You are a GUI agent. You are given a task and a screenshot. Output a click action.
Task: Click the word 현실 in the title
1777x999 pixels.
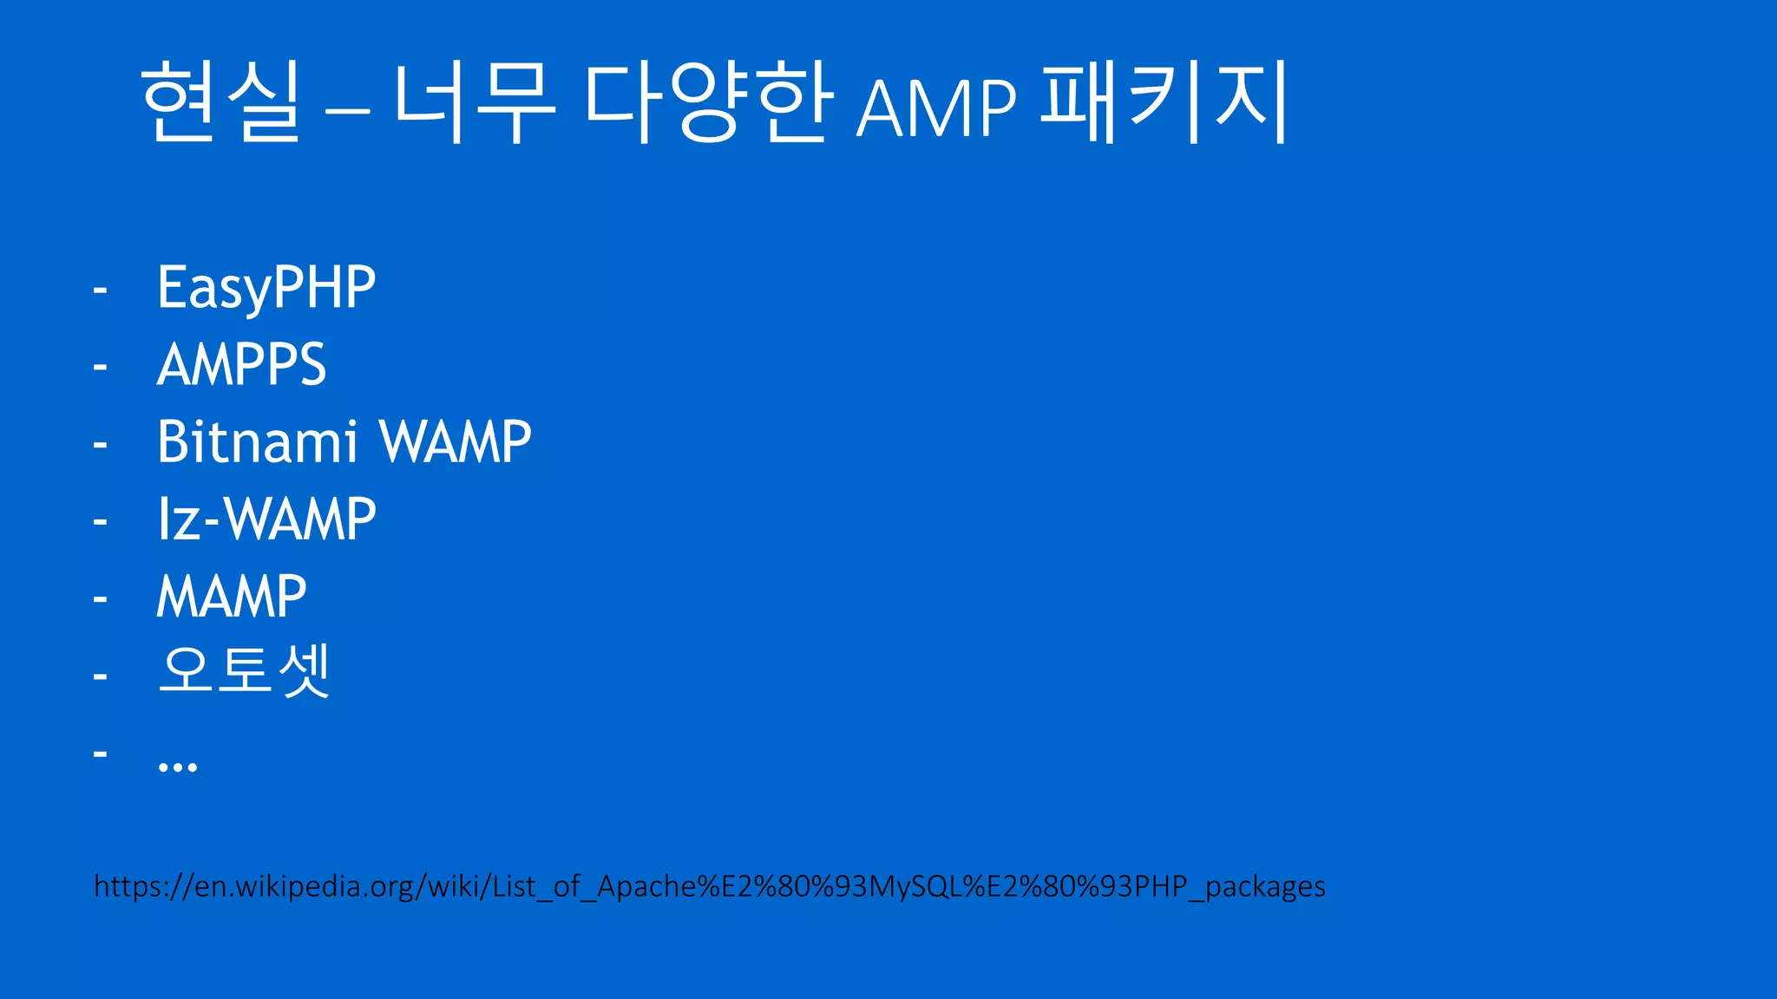(220, 102)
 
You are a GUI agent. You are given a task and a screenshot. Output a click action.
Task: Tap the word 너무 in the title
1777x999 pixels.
(474, 102)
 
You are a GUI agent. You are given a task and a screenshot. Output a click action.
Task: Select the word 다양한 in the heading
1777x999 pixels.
(708, 102)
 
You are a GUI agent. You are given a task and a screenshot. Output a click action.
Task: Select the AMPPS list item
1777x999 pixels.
(241, 364)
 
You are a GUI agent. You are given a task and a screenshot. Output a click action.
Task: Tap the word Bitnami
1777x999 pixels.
(257, 441)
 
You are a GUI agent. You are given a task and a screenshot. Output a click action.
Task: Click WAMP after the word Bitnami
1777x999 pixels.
(456, 441)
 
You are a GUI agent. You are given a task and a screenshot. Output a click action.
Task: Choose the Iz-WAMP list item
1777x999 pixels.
(266, 519)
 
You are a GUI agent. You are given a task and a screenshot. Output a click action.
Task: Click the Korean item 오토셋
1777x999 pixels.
(244, 670)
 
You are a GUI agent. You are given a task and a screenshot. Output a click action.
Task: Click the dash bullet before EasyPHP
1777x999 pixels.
(101, 290)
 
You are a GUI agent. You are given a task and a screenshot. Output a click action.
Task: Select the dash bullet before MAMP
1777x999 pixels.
(101, 598)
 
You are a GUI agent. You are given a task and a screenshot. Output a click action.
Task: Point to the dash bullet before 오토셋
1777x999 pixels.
(101, 676)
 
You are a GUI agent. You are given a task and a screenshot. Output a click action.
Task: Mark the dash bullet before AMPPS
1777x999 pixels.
(101, 367)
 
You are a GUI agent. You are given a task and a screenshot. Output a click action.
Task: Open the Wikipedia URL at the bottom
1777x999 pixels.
(709, 886)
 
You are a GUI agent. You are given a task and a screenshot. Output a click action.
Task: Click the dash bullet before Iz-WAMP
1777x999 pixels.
(101, 521)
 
